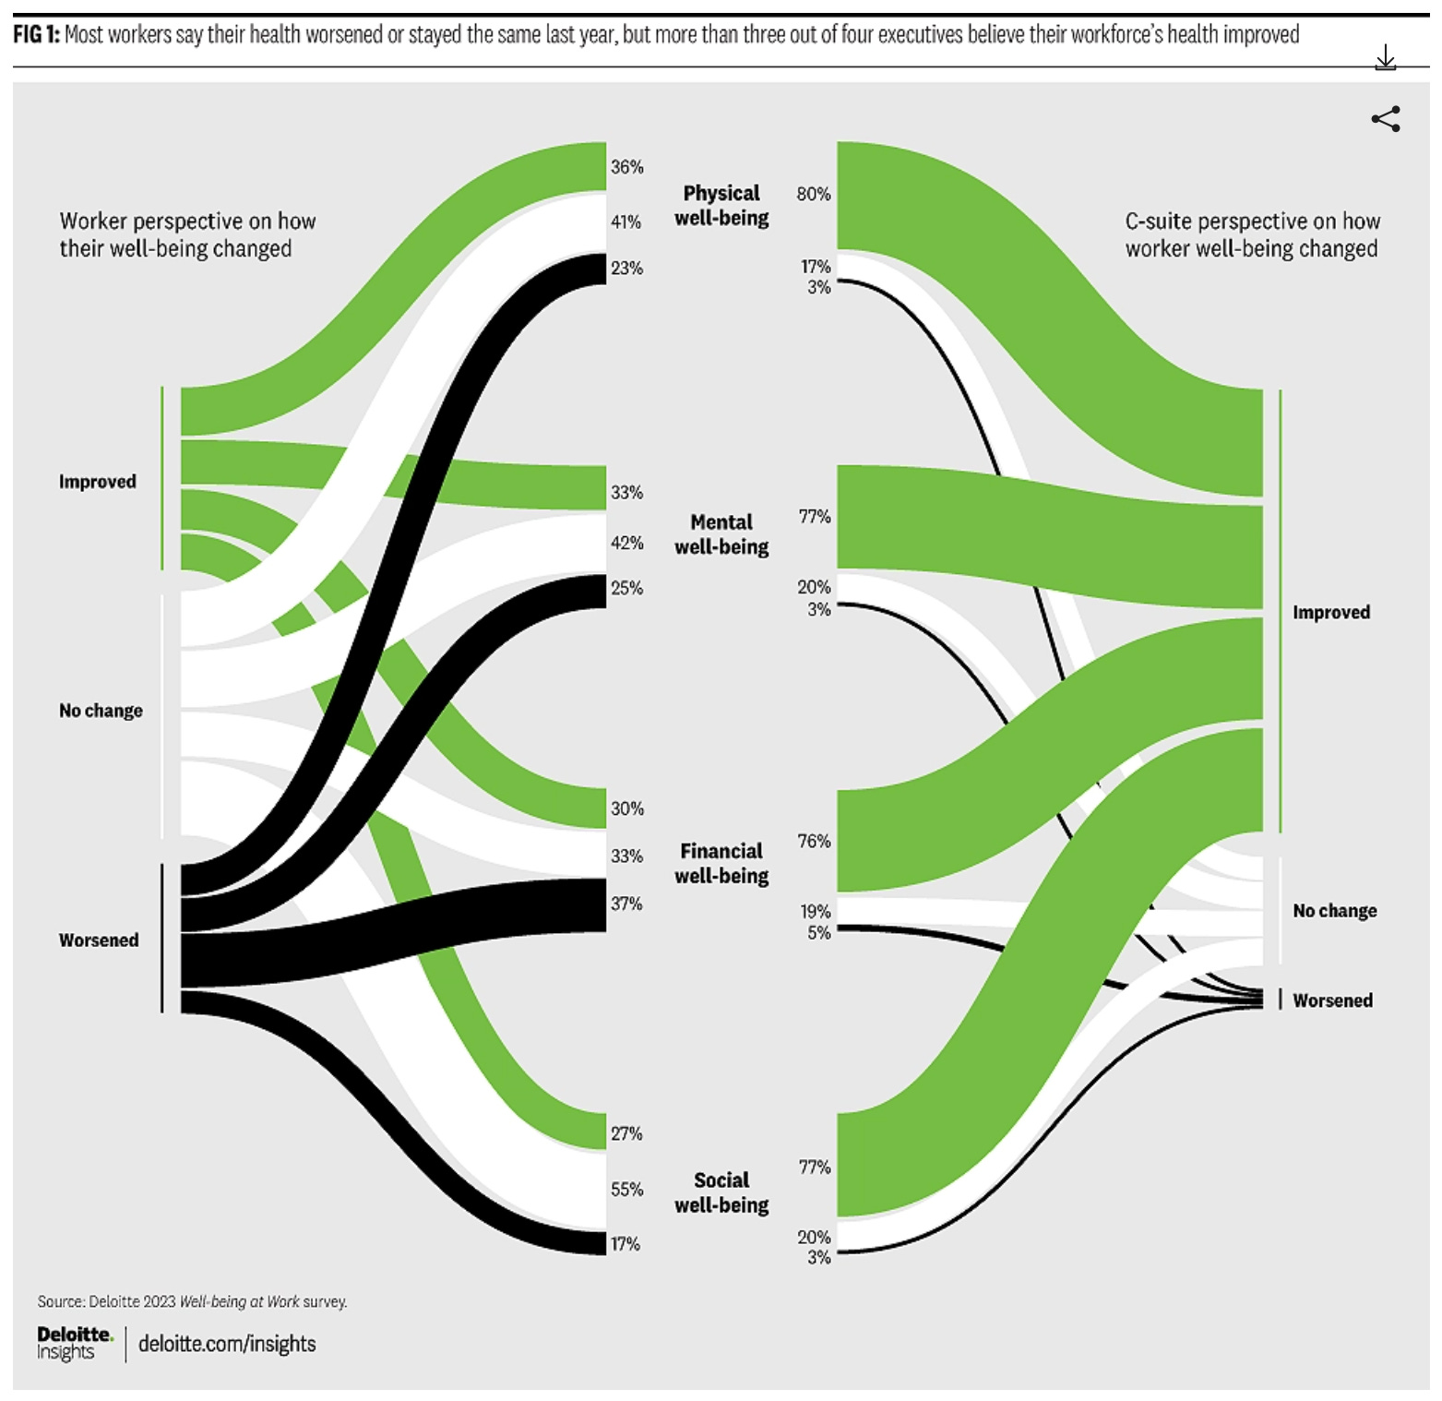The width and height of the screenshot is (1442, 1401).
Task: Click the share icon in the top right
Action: (x=1385, y=119)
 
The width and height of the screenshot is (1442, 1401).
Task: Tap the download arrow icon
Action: (x=1385, y=59)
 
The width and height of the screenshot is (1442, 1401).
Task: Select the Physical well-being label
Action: (x=721, y=206)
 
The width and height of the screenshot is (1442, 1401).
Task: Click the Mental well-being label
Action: (x=721, y=534)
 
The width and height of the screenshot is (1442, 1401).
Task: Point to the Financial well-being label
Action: (x=721, y=863)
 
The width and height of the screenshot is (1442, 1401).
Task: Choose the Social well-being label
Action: (x=721, y=1192)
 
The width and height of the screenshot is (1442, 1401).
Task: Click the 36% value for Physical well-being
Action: (x=626, y=167)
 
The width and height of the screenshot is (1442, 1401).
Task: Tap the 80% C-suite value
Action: (x=813, y=194)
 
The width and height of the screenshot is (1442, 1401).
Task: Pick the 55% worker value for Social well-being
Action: (x=626, y=1190)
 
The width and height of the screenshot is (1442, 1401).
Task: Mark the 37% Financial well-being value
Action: (x=626, y=904)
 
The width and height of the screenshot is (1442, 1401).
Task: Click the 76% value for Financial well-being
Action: (x=814, y=842)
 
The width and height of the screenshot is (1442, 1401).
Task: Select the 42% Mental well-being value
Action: (x=626, y=543)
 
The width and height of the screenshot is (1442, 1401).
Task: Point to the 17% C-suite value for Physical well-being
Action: (x=816, y=267)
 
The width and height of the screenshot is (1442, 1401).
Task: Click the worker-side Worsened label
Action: (x=99, y=940)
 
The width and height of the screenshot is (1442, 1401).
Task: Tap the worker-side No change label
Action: (x=101, y=711)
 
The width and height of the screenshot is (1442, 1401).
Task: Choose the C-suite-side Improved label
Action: (x=1330, y=613)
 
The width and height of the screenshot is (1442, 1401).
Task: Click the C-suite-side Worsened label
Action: (x=1332, y=1000)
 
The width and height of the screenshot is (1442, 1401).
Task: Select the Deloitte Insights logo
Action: (x=74, y=1344)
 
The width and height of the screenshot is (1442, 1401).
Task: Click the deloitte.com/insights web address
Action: (x=227, y=1344)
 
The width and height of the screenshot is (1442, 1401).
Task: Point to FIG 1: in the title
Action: (x=36, y=35)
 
